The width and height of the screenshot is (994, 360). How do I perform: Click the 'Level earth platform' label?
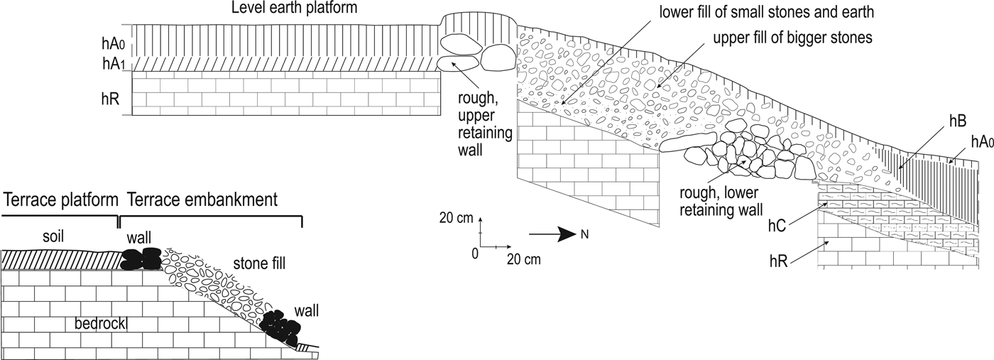tap(294, 9)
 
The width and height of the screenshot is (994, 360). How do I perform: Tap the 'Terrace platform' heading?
tap(60, 200)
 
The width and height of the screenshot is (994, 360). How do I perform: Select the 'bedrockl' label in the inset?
tap(105, 324)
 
